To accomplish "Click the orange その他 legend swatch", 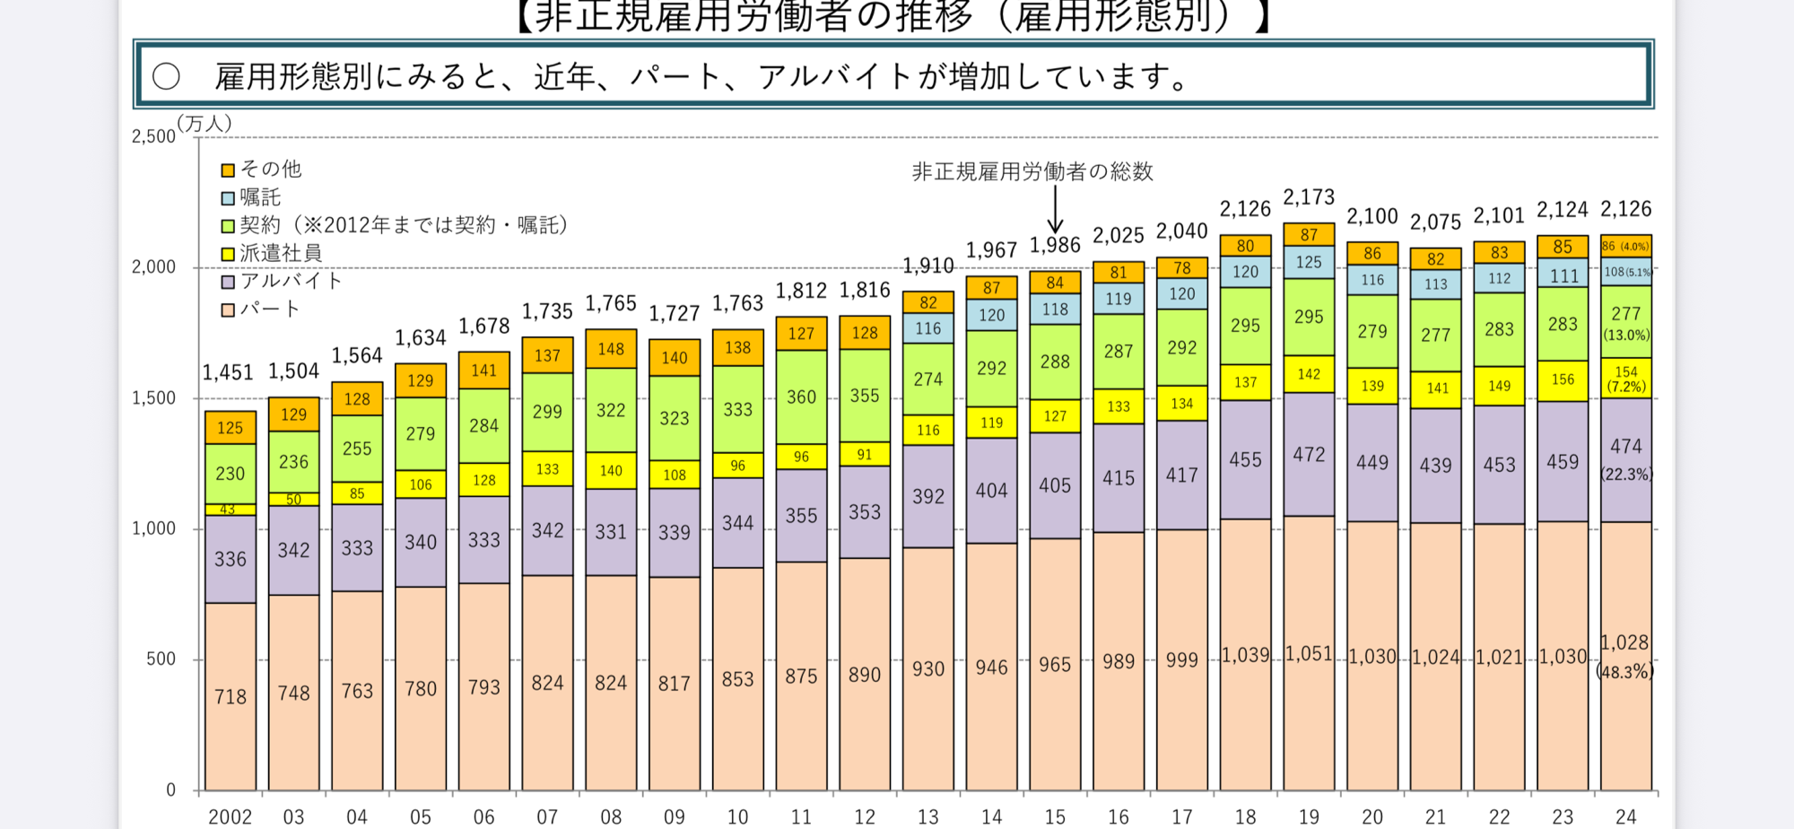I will (x=228, y=170).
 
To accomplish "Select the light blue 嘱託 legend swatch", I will (x=228, y=197).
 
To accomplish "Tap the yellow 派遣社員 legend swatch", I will (x=228, y=254).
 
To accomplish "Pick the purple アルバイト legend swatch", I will (x=228, y=282).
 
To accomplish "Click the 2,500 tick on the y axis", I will (x=153, y=136).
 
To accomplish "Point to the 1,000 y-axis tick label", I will (x=153, y=528).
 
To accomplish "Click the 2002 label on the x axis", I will (x=230, y=816).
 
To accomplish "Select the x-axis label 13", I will (x=927, y=816).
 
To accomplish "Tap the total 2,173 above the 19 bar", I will (x=1308, y=197).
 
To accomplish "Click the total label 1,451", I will (x=228, y=372).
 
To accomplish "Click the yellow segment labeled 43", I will (x=230, y=510).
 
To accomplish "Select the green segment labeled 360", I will (x=801, y=397).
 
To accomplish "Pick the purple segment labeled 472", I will (x=1308, y=454).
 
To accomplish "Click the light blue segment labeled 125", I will (x=1308, y=262).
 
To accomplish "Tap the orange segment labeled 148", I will (x=611, y=349).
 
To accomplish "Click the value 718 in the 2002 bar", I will (x=230, y=696).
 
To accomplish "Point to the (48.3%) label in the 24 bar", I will (x=1625, y=671).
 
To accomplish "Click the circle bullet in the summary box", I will (x=166, y=76).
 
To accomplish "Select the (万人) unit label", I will (x=205, y=123).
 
